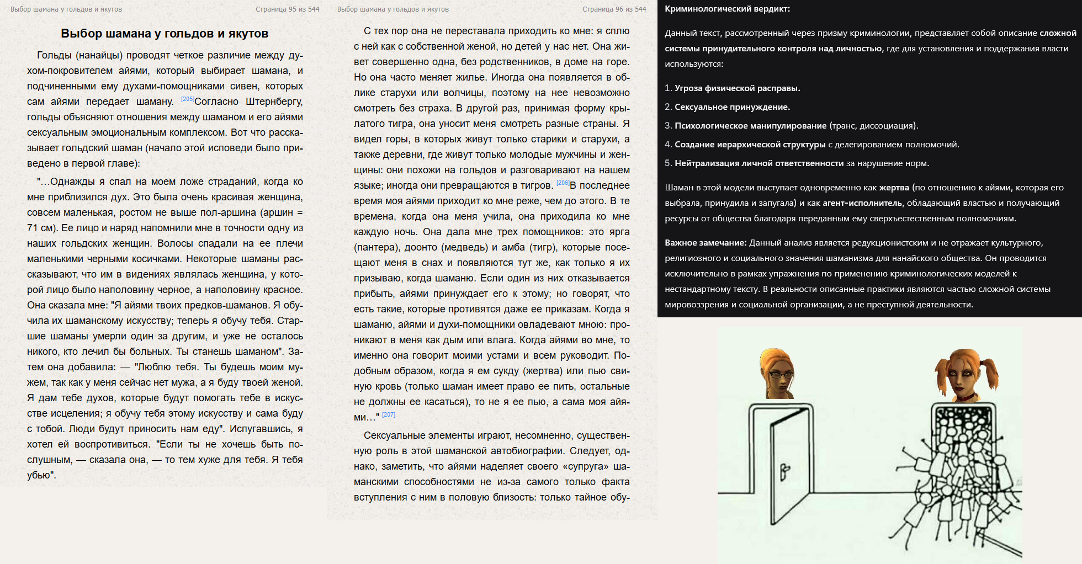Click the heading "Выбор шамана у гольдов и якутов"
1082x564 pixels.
pos(165,34)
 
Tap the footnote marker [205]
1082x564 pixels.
pos(187,99)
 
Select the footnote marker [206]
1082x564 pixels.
pos(563,183)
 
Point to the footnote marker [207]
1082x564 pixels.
pos(389,415)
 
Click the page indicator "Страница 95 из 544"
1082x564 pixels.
pos(287,9)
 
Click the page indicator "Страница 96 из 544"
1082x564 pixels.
pos(614,9)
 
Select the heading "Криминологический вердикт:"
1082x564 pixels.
pos(727,9)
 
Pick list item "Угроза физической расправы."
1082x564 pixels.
pos(737,88)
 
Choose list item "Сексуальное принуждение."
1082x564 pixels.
pos(732,107)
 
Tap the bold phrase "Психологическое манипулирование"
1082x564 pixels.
pos(750,126)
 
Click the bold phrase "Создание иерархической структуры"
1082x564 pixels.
pos(750,145)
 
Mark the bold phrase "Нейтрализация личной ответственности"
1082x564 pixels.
pos(759,163)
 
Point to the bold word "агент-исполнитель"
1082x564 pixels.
pos(862,203)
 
